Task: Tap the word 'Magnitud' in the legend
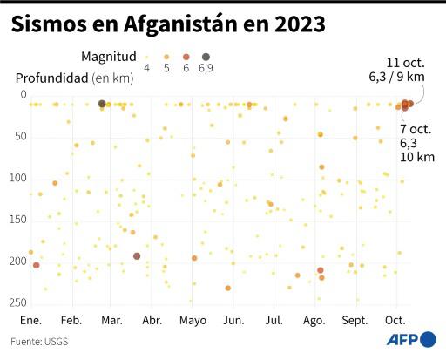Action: [108, 56]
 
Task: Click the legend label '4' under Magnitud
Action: [145, 68]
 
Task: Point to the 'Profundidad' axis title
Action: [51, 78]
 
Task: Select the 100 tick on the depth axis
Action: [18, 178]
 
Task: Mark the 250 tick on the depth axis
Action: [18, 302]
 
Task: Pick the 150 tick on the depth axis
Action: [18, 220]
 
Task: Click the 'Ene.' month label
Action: [31, 320]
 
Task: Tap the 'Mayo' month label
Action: [193, 320]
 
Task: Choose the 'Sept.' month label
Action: [355, 320]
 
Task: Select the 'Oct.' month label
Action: [395, 320]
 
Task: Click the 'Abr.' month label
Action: [152, 320]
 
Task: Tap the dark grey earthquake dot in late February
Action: [102, 104]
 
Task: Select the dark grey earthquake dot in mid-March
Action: [137, 256]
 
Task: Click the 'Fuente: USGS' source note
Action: [40, 341]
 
